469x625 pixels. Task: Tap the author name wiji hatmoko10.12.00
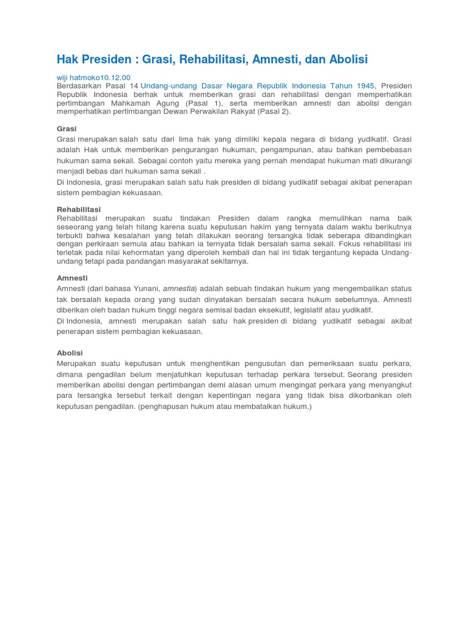tap(93, 77)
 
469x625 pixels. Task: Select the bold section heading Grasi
tap(67, 129)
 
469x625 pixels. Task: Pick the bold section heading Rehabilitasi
tap(79, 209)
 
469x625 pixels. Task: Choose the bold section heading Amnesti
tap(72, 278)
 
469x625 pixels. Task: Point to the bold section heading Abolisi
tap(70, 353)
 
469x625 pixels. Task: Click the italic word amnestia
tap(178, 288)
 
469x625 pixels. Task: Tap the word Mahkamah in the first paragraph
tap(129, 103)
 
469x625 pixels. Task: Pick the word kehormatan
tap(155, 253)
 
